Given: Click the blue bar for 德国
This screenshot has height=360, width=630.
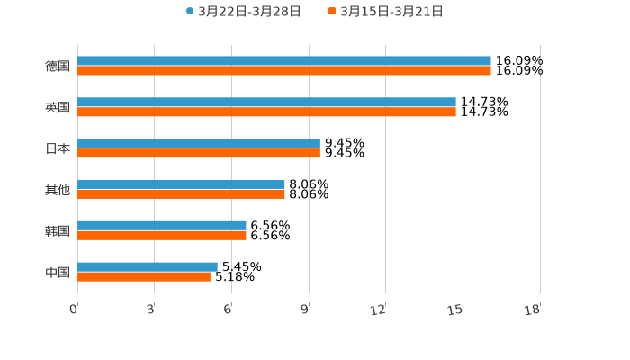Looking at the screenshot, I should [x=284, y=61].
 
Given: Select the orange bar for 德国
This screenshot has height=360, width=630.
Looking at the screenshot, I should [x=284, y=71].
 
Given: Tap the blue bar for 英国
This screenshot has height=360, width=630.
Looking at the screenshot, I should [x=266, y=103].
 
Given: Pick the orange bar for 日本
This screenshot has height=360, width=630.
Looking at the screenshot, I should [x=199, y=154].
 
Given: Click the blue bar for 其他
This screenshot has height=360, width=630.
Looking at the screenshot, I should [x=181, y=184].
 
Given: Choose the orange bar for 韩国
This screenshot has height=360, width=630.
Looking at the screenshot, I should [x=162, y=236].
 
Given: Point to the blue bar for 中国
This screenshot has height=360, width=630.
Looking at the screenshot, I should [x=148, y=266].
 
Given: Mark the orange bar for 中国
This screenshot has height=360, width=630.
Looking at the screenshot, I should [x=144, y=276].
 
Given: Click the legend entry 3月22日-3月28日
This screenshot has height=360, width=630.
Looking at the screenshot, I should [x=243, y=12].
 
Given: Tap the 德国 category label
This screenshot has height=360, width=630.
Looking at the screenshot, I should [x=58, y=66].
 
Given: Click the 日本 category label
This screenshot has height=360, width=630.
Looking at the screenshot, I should [x=58, y=148].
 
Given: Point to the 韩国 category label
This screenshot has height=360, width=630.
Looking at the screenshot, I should [x=58, y=230].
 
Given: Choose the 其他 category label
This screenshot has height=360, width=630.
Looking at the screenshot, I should [x=58, y=190].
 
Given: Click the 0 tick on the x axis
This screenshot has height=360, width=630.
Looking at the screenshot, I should [x=74, y=310].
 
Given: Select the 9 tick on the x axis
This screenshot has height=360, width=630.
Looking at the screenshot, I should [x=305, y=310].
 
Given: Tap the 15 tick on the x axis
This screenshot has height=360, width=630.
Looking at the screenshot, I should [x=456, y=310].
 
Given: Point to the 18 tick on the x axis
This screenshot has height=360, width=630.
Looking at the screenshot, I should [x=533, y=310].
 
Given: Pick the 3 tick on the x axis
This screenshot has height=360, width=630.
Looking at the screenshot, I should [x=151, y=310].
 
